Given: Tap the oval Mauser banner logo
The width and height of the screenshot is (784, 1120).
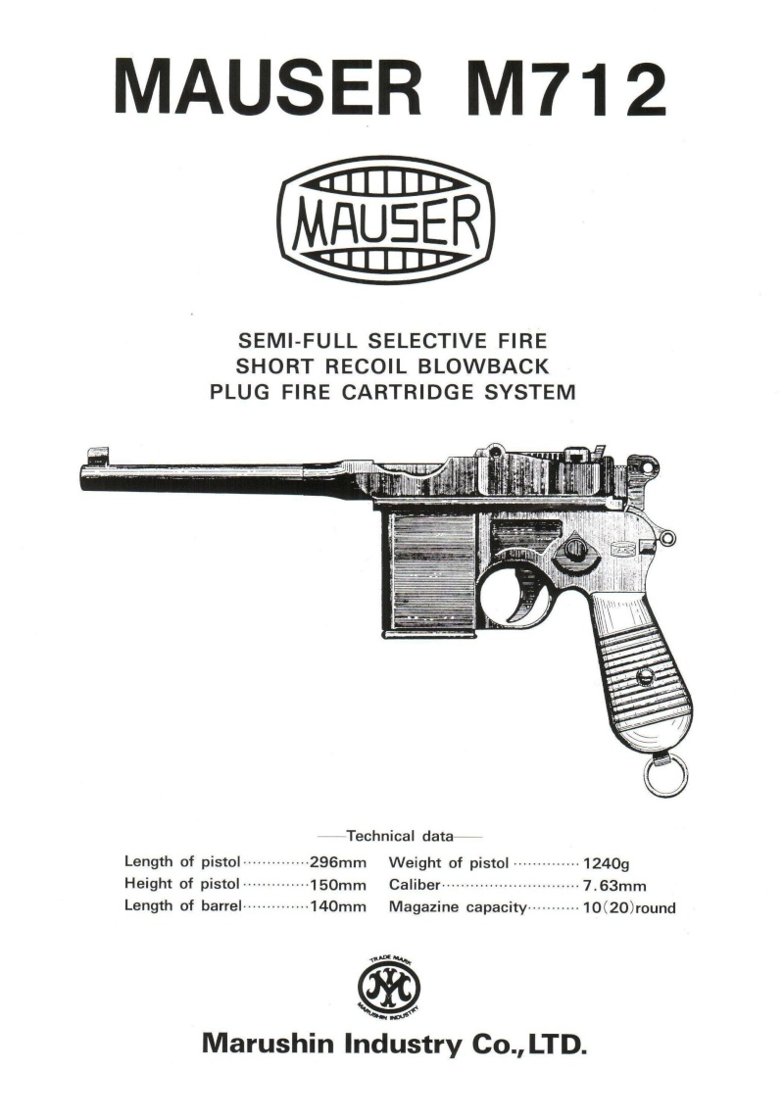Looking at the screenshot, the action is (386, 220).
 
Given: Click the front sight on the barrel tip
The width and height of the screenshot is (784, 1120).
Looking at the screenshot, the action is (96, 455).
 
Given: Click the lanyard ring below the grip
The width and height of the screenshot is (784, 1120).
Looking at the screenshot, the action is (664, 776).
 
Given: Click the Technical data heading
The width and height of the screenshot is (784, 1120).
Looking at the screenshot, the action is (400, 836).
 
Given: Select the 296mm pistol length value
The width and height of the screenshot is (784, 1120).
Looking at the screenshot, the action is (337, 862).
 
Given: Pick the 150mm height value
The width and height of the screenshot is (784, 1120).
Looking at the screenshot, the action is (337, 885).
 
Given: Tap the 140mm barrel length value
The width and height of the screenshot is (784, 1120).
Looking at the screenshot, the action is (337, 907).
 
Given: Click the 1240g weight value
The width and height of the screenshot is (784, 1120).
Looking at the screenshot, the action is (607, 864).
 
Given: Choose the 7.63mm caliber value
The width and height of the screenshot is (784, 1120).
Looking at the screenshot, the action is (614, 887).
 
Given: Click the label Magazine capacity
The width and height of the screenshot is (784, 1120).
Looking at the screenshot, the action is (458, 908).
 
